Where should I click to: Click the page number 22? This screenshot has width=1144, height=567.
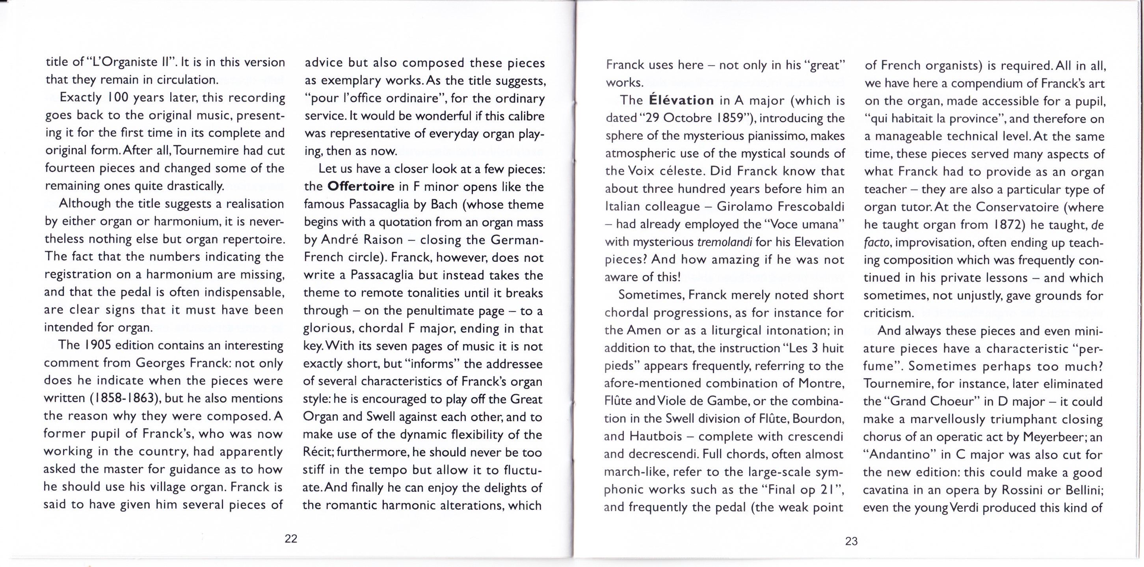click(x=291, y=539)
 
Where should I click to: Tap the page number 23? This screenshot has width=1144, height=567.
click(x=851, y=541)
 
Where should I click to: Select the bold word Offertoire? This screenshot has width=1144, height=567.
click(x=361, y=186)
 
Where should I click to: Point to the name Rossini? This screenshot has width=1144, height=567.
click(x=1025, y=490)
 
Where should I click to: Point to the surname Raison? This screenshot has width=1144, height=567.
click(x=383, y=239)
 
